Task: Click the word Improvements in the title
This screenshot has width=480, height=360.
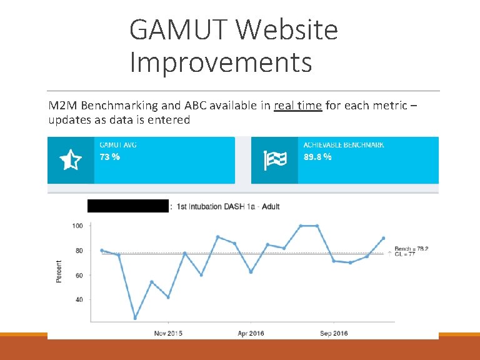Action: pyautogui.click(x=221, y=62)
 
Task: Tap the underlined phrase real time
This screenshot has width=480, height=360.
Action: pyautogui.click(x=297, y=106)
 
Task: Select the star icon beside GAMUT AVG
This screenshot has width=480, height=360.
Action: pyautogui.click(x=70, y=161)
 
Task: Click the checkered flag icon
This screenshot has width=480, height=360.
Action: pyautogui.click(x=274, y=161)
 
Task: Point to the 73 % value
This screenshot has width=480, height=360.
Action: pyautogui.click(x=110, y=157)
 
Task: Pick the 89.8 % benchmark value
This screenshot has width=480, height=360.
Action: pyautogui.click(x=317, y=157)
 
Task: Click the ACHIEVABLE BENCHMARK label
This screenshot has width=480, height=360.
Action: pyautogui.click(x=344, y=145)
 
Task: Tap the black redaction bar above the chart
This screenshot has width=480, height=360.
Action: pyautogui.click(x=128, y=206)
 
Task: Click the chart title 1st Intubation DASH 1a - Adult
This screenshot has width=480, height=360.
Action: pyautogui.click(x=228, y=206)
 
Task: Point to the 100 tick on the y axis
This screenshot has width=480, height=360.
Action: pyautogui.click(x=78, y=226)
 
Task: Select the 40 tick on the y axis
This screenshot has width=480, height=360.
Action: pyautogui.click(x=79, y=299)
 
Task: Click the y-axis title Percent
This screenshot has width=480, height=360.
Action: pyautogui.click(x=59, y=271)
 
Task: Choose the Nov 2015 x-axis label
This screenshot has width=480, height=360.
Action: pyautogui.click(x=168, y=333)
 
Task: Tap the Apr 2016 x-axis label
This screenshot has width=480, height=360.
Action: pyautogui.click(x=251, y=333)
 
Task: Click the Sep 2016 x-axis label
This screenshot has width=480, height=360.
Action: pyautogui.click(x=334, y=333)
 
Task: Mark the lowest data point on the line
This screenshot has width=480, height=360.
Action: pyautogui.click(x=135, y=318)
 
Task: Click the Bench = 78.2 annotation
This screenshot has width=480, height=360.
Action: pyautogui.click(x=411, y=249)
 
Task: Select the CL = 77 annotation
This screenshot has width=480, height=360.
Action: pyautogui.click(x=405, y=254)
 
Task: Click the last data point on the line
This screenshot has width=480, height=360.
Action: pyautogui.click(x=383, y=238)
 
